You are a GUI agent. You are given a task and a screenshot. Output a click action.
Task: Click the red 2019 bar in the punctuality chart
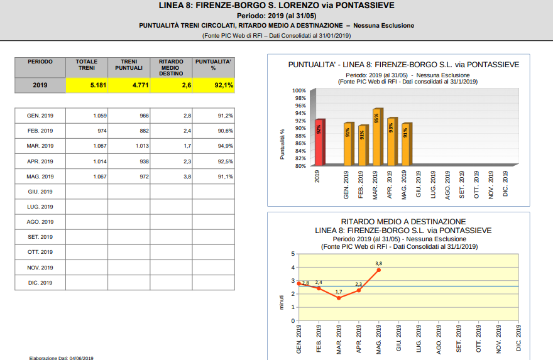(x=319, y=143)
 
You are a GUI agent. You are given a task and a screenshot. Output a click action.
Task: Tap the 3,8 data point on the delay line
(x=379, y=270)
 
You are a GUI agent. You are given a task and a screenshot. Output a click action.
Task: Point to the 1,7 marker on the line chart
(x=339, y=298)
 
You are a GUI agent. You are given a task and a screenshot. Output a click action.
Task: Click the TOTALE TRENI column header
(x=87, y=65)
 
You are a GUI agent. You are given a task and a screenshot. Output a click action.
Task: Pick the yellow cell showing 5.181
(x=87, y=85)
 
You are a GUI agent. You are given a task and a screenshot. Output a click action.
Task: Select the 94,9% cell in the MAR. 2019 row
(x=214, y=146)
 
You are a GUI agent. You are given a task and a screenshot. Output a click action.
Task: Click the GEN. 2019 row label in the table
(x=40, y=116)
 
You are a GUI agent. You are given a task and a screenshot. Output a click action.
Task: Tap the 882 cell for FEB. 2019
(x=129, y=131)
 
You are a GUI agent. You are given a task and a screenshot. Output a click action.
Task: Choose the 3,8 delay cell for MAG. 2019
(x=171, y=177)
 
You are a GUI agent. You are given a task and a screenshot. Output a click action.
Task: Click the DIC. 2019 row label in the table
(x=40, y=283)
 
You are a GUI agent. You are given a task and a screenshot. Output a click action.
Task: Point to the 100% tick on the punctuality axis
(x=299, y=90)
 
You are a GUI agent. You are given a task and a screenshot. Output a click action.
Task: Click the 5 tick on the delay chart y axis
(x=293, y=254)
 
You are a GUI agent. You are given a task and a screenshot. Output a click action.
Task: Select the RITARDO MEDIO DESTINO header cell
(x=171, y=67)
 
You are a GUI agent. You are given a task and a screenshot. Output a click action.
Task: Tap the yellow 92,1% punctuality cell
(x=214, y=85)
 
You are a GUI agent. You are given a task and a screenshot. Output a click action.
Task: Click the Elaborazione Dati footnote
(x=62, y=358)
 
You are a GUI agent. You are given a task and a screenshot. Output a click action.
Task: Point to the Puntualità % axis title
(x=282, y=145)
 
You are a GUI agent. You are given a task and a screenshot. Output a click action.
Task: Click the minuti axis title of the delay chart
(x=282, y=303)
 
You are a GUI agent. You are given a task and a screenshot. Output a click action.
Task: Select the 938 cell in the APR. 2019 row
(x=129, y=161)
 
